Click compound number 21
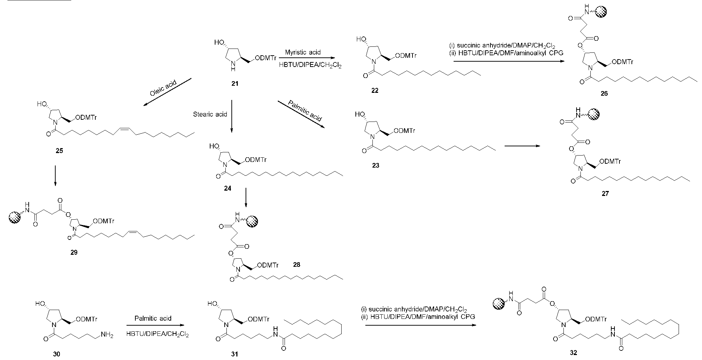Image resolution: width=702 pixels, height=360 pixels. tap(235, 84)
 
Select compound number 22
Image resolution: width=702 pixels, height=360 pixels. tap(375, 91)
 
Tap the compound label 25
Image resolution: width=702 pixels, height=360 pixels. tap(59, 151)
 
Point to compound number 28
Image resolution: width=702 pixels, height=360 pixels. tap(297, 265)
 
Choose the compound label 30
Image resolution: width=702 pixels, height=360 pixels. tap(57, 354)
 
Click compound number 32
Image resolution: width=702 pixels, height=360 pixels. tap(573, 353)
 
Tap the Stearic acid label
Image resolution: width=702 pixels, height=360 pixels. tap(210, 114)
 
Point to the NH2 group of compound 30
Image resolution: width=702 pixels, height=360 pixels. tap(107, 335)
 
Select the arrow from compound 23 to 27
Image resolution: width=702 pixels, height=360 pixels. tap(523, 146)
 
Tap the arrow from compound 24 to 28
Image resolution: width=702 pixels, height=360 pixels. tap(246, 199)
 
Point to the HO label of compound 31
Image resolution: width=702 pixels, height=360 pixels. tap(213, 304)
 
